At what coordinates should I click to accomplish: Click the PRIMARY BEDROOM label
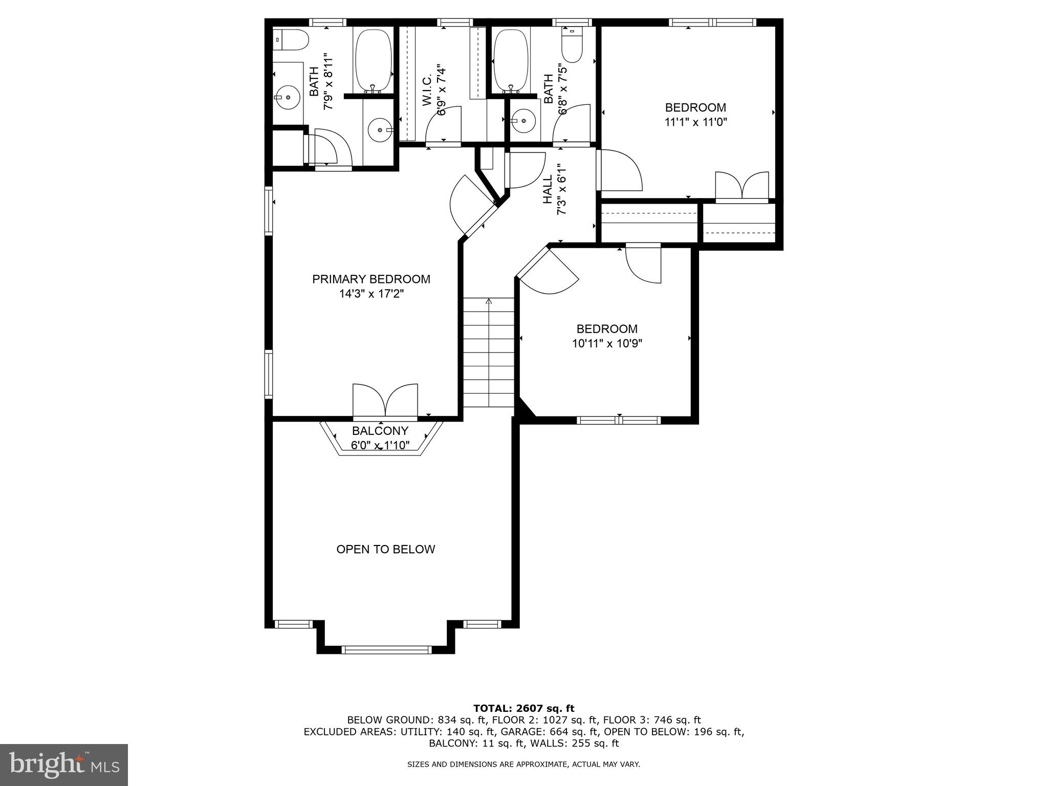tap(371, 279)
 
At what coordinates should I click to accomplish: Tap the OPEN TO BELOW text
tap(385, 549)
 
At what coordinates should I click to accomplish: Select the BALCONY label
tap(380, 431)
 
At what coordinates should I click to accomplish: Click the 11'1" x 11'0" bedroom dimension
tap(695, 122)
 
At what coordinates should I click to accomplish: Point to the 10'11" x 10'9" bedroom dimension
tap(607, 343)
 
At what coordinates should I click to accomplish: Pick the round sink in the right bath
tap(523, 121)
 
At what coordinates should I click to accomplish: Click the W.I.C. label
tap(428, 90)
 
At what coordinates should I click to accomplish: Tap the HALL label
tap(548, 189)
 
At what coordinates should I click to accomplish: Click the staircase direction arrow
tap(489, 302)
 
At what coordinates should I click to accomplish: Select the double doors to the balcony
tap(385, 401)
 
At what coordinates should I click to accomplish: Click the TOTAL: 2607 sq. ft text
tap(523, 708)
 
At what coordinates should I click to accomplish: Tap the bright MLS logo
tap(64, 765)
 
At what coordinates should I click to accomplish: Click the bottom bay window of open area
tap(386, 650)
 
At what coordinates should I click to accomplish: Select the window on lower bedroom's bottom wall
tap(619, 420)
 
